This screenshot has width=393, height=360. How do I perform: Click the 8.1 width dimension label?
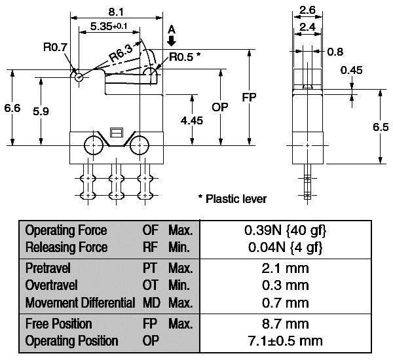(x=116, y=12)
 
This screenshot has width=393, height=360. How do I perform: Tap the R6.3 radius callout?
(x=121, y=54)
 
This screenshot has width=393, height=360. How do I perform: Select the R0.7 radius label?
(x=55, y=46)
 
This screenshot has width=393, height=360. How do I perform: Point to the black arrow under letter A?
(x=172, y=41)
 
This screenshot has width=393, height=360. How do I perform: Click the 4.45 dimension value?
(x=192, y=120)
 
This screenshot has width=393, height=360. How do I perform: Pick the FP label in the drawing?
(x=249, y=98)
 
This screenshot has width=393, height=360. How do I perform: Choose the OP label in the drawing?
(x=220, y=107)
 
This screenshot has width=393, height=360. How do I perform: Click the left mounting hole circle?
(x=94, y=145)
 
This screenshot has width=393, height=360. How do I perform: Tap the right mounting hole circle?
(x=140, y=145)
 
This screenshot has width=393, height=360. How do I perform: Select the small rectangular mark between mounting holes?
(x=117, y=132)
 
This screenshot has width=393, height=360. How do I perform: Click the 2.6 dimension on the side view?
(x=307, y=10)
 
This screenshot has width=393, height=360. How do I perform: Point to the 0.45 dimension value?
(x=351, y=70)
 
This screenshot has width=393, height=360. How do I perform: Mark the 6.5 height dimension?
(x=381, y=127)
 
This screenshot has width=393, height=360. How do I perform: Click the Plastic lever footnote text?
(x=233, y=199)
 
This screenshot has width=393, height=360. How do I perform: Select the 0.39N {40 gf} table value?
(x=285, y=230)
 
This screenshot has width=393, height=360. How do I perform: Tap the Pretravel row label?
(x=48, y=268)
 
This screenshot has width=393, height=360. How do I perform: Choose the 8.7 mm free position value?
(x=286, y=324)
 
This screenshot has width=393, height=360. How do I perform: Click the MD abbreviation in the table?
(x=151, y=302)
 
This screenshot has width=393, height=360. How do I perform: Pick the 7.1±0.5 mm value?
(x=285, y=341)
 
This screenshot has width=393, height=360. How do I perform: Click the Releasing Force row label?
(x=67, y=247)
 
